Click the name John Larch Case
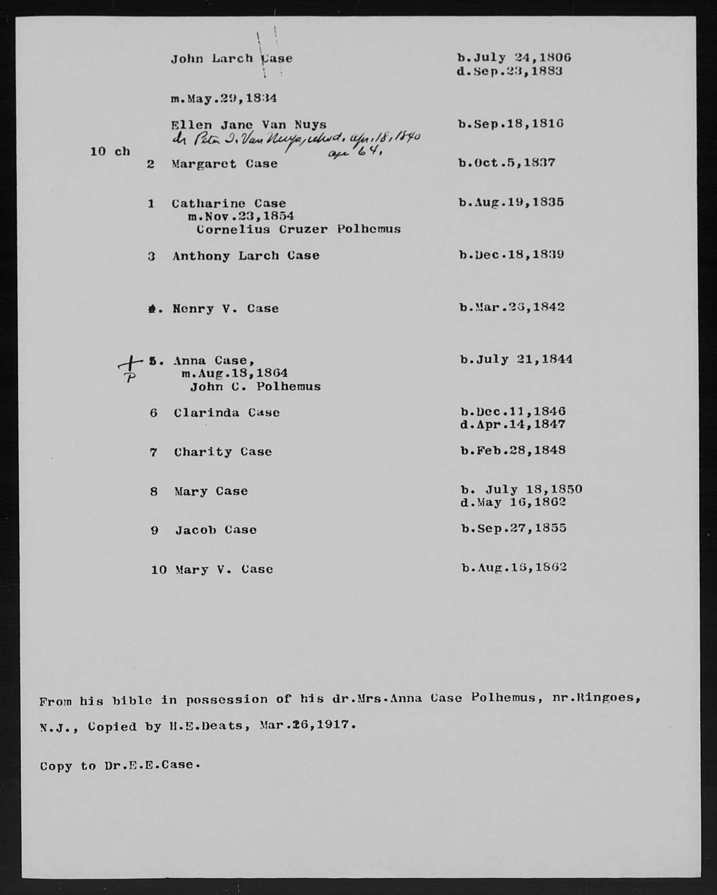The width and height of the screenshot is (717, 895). click(231, 58)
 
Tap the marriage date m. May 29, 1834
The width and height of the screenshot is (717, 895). click(224, 98)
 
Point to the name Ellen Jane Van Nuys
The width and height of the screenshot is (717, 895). click(249, 125)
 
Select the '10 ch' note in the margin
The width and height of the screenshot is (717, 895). click(110, 152)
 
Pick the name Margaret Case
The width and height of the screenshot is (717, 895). click(224, 163)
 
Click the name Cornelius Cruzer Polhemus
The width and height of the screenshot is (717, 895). click(298, 229)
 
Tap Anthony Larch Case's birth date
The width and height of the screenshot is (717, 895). click(512, 254)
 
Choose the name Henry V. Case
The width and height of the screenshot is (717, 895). click(225, 309)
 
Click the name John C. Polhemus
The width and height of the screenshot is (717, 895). click(255, 387)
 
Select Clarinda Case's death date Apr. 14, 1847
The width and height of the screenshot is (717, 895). click(513, 425)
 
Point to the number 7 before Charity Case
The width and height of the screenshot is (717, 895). click(154, 452)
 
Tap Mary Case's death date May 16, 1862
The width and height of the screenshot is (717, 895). click(513, 503)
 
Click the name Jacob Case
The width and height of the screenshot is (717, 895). click(216, 530)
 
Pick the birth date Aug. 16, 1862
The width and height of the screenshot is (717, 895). click(514, 568)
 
